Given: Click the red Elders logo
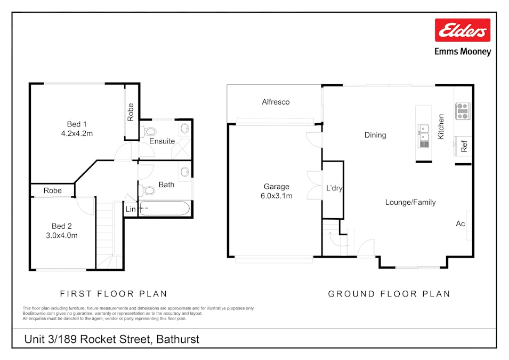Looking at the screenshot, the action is pos(463,30).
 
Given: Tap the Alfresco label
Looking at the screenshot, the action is pos(276,102).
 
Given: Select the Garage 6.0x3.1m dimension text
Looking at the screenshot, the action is pos(276,196).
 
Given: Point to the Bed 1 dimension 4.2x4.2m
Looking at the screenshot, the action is pos(77,133).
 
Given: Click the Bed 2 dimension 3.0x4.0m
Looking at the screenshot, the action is pos(62,236).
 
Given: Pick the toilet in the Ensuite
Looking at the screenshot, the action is pos(148,132).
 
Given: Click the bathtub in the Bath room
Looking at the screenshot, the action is pos(164,209).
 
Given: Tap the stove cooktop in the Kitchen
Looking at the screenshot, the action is pos(463,111).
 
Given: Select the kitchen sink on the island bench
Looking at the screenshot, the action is pos(423,136).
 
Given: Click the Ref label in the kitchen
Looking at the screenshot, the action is pos(464,147).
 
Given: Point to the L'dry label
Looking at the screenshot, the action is pos(334,188).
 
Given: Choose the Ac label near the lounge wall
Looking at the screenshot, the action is pos(460,223).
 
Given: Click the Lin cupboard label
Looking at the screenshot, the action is pos(131,209).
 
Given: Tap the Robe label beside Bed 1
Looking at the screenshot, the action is pos(131,112).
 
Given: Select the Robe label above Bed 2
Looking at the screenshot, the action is pos(53,190).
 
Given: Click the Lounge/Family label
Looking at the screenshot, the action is pos(410,203).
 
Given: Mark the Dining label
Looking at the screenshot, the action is pos(375,135).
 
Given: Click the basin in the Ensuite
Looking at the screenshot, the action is pos(185,129).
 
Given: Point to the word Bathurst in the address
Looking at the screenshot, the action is pos(178,339).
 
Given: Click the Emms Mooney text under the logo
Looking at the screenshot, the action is pos(463,52).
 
